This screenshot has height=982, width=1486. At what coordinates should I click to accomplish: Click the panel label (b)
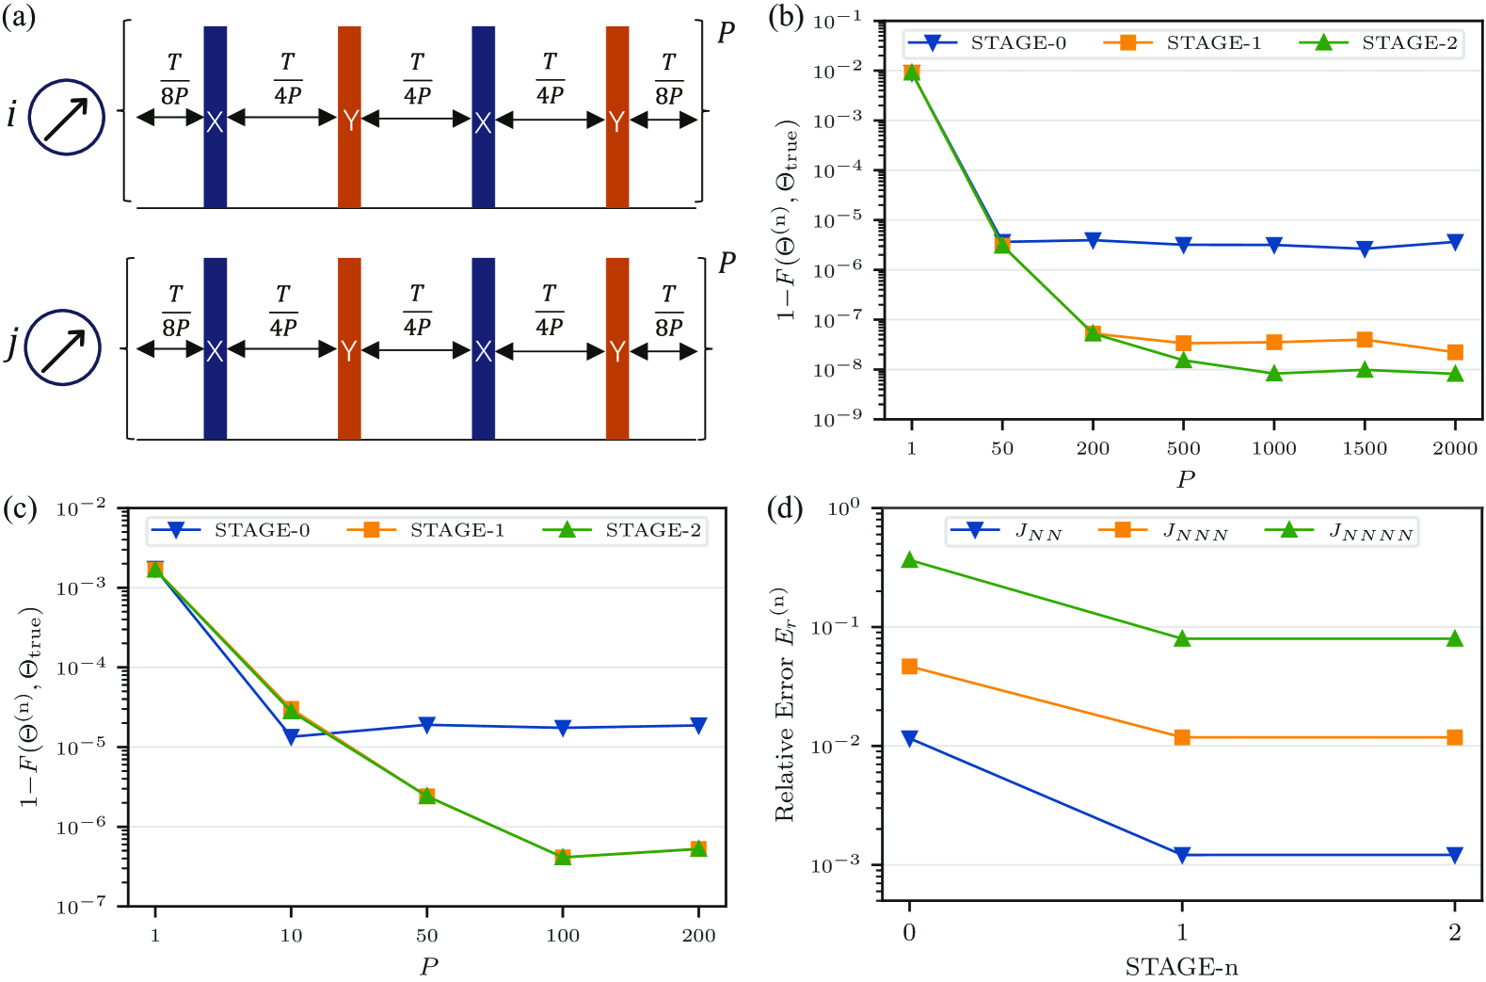pos(786,17)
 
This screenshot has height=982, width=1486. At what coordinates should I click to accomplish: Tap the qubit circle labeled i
pos(66,117)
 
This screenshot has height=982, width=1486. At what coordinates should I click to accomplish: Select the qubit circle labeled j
pos(62,347)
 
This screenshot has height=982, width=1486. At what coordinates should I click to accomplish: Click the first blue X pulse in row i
pos(215,117)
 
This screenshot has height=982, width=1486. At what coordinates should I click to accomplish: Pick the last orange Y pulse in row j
pos(617,348)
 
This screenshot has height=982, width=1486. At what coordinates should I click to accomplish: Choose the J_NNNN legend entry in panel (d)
pos(1340,532)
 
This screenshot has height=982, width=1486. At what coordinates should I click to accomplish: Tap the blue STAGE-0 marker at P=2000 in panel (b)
pos(1455,242)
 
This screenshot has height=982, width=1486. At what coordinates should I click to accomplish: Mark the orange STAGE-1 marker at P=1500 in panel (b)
pos(1365,340)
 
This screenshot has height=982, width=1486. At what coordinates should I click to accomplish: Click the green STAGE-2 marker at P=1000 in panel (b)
pos(1274,373)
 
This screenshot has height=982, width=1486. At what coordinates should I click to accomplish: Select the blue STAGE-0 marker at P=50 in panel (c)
pos(427,725)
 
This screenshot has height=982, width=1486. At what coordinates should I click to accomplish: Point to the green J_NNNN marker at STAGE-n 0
pos(909,560)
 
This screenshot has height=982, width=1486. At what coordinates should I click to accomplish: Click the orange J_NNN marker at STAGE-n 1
pos(1182,737)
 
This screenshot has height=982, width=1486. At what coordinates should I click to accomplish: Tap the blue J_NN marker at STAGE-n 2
pos(1455,855)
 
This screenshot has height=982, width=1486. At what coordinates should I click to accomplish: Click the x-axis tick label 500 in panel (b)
pos(1183,448)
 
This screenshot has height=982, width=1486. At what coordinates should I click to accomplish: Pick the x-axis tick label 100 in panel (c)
pos(563,936)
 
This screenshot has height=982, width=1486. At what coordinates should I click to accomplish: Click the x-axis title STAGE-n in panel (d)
pos(1181,967)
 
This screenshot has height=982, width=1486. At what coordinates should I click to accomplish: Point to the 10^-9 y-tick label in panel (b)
pos(840,420)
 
